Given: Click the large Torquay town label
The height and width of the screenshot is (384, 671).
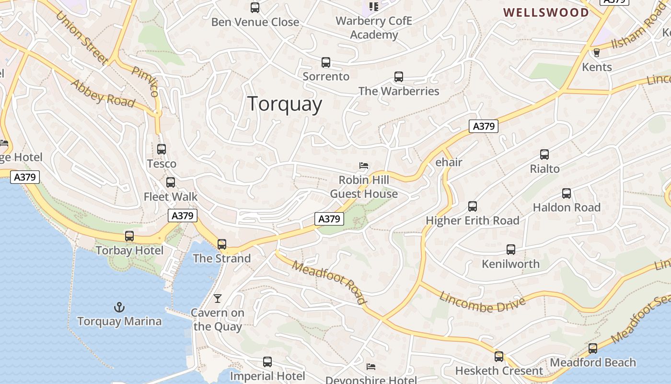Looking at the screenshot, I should (285, 104).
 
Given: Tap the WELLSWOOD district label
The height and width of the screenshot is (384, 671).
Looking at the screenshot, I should (546, 12).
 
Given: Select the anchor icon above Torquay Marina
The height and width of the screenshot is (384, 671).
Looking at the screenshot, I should (119, 307).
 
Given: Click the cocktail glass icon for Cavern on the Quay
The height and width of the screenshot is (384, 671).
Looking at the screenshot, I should (218, 299).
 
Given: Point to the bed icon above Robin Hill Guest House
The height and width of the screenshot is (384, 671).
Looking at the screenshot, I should (364, 166).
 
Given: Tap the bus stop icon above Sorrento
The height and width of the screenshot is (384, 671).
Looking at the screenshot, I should (326, 62).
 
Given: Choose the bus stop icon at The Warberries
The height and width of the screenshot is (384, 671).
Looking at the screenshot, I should (399, 77).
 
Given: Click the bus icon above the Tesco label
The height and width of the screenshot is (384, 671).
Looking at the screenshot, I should (162, 149).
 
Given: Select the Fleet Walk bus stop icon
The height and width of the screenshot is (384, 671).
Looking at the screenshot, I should (171, 182).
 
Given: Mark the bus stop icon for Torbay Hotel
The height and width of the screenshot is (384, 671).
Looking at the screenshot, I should (129, 236).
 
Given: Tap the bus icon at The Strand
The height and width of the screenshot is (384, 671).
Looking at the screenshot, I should (222, 244).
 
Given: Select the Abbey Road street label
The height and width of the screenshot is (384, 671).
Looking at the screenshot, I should (103, 93).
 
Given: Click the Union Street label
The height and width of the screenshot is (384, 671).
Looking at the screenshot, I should (81, 37).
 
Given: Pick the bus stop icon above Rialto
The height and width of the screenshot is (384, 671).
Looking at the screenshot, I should (544, 155).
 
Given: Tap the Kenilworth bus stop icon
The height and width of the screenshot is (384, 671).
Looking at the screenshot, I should (511, 250).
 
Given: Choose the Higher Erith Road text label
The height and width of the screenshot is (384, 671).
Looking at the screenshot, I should (473, 221).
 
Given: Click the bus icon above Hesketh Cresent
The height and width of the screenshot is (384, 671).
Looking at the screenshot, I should (499, 357).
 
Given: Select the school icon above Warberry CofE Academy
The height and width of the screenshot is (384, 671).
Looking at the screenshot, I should (373, 7).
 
